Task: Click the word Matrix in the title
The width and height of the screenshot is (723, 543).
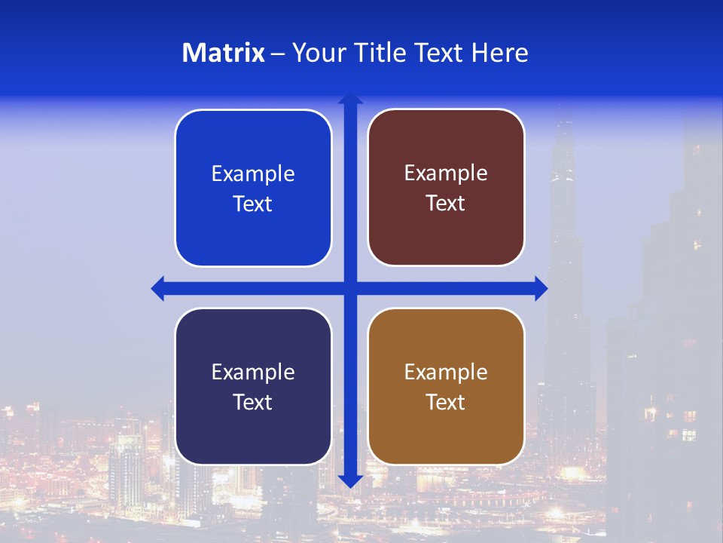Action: (224, 53)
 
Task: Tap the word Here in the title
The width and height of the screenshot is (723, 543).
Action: (499, 53)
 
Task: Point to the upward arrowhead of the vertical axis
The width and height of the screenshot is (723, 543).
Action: (350, 99)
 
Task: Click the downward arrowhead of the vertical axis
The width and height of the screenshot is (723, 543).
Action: (350, 480)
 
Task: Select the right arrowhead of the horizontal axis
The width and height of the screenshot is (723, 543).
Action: (541, 288)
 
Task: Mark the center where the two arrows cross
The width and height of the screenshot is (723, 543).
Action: (350, 288)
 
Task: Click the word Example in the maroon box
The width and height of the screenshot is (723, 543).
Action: (446, 173)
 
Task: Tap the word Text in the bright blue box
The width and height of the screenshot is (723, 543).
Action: (253, 204)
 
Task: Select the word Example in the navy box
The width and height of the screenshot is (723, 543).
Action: (253, 372)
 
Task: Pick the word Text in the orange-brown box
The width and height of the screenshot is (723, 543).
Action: (446, 403)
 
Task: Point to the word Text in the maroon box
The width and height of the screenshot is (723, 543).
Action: (446, 204)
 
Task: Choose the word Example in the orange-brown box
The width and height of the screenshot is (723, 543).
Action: (446, 372)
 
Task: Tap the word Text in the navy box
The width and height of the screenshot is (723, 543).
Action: (253, 403)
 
